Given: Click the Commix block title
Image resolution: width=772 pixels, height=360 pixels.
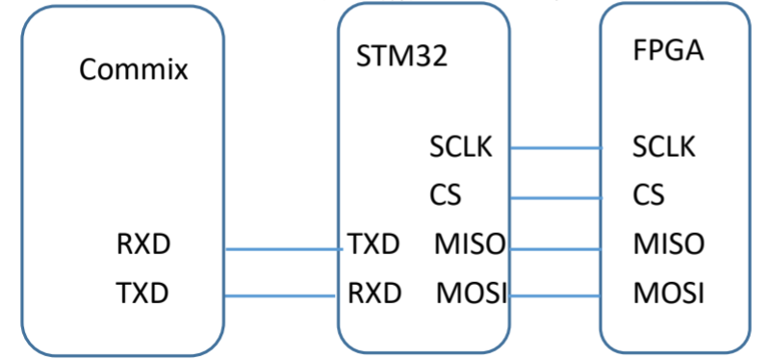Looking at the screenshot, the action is point(134,69).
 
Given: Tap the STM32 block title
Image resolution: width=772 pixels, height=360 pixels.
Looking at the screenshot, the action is point(401,56).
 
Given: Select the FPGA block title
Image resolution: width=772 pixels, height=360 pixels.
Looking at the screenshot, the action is point(668,51).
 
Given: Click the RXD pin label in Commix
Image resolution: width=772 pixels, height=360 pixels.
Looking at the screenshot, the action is point(143,244).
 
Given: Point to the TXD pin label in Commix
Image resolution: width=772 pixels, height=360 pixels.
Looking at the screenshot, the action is point(142,293).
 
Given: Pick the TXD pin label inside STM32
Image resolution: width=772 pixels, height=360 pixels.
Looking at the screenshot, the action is point(373,244).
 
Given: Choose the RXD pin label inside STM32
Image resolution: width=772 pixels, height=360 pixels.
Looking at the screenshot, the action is point(374,293).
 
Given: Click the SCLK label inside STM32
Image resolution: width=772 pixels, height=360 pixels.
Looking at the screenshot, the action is point(461,146).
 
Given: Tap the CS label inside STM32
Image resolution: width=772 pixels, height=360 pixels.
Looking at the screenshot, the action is point(446,195).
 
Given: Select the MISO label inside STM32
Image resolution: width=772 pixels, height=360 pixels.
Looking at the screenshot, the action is point(470,244).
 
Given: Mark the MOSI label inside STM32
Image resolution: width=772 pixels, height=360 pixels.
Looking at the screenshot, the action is point(472,293).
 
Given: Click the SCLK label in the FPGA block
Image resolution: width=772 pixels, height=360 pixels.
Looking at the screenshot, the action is point(664,146).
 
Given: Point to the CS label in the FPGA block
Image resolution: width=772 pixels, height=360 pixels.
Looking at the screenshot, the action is point(649,194).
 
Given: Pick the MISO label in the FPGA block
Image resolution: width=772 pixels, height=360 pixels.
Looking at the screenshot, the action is point(669,244).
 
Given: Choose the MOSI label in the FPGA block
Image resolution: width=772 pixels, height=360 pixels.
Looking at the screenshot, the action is point(669,293).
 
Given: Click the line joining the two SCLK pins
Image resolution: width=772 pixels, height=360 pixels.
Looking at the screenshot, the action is point(555,147).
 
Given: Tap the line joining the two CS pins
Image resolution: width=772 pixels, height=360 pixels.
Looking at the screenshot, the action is point(555,198).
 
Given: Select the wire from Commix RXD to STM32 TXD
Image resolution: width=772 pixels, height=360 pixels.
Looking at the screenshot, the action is point(284,249).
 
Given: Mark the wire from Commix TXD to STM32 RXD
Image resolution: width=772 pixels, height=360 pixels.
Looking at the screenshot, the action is point(280,296).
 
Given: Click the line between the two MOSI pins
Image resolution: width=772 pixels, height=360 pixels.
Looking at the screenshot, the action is point(555,296).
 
